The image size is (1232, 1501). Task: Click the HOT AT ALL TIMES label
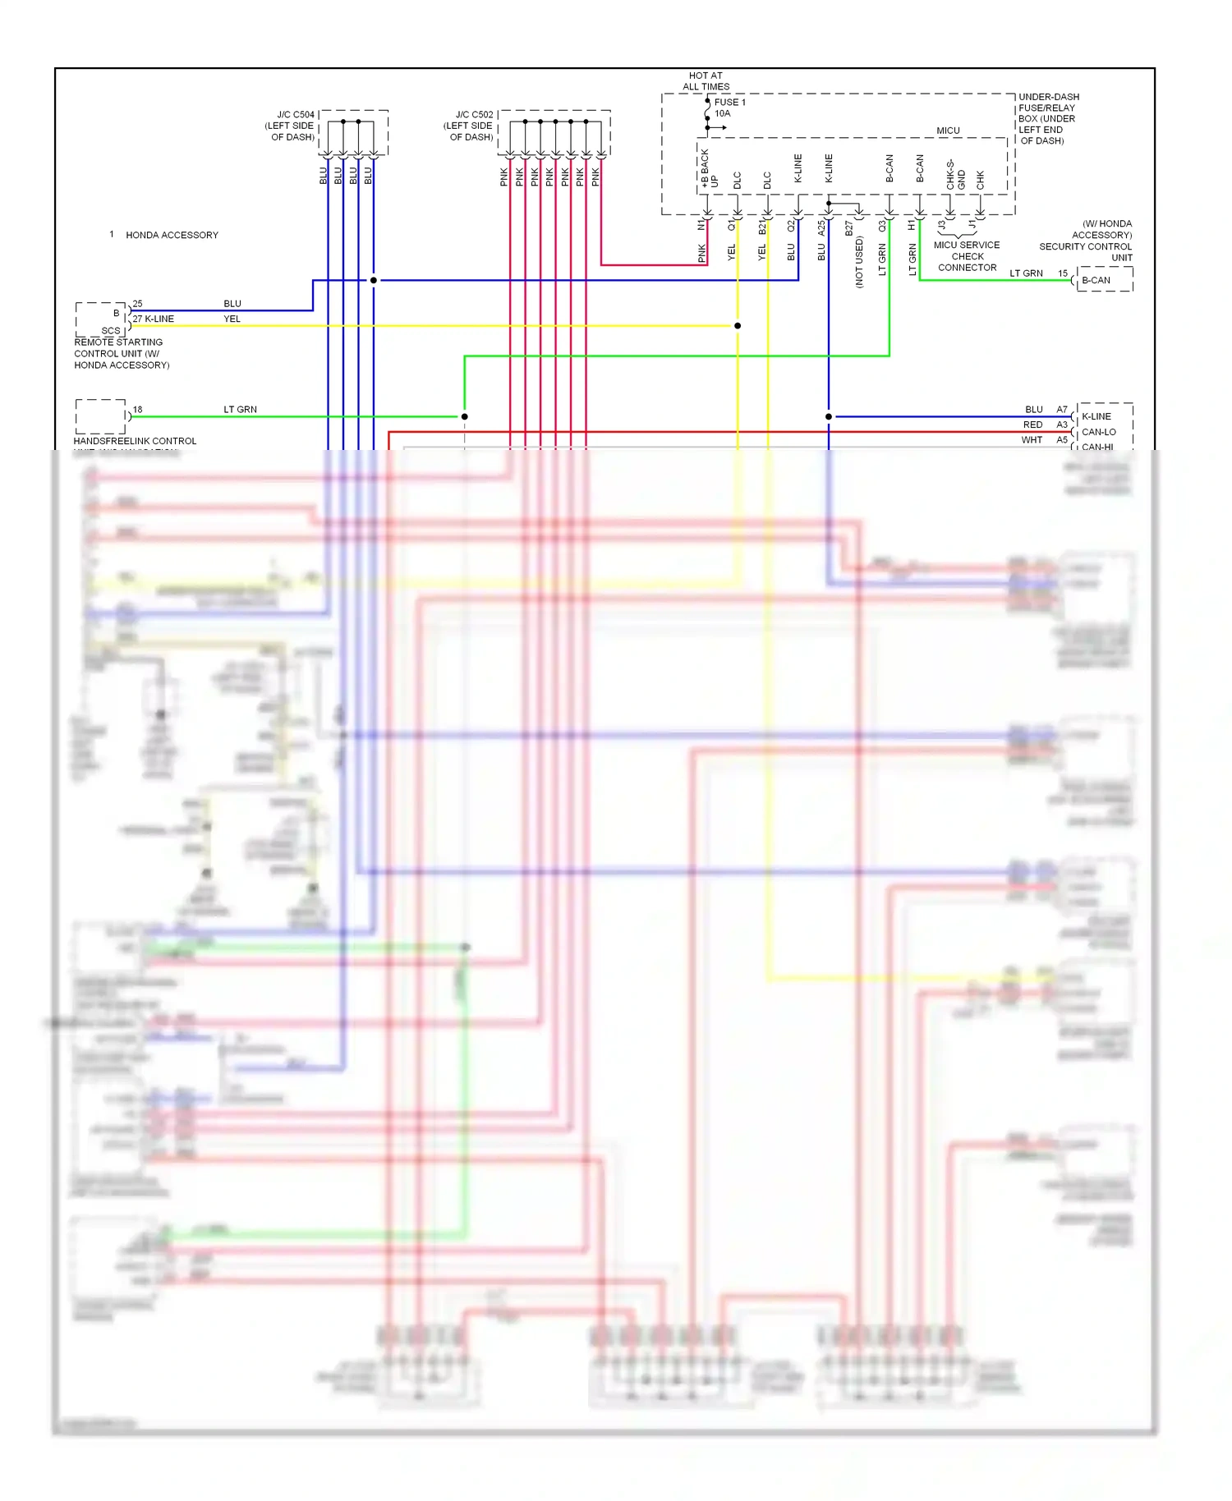click(x=706, y=80)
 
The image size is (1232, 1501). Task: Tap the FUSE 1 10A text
click(x=729, y=108)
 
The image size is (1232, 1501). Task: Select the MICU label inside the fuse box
click(x=948, y=131)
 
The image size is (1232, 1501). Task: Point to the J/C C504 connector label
click(x=290, y=126)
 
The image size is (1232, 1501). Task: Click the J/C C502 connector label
click(x=469, y=126)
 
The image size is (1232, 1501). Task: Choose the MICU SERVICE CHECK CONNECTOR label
click(x=967, y=256)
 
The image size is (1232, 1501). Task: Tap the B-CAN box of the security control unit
click(x=1096, y=280)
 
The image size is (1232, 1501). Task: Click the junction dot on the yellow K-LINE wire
click(x=738, y=326)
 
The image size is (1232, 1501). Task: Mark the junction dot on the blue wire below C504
click(x=374, y=280)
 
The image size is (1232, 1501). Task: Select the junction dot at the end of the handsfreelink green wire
click(x=464, y=416)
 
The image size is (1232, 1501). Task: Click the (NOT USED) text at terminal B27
click(x=859, y=263)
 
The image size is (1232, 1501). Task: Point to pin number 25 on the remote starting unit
click(x=138, y=304)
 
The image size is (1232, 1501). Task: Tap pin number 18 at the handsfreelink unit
click(x=138, y=409)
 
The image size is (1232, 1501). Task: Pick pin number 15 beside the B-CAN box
click(x=1063, y=273)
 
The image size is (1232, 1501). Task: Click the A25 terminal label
click(x=821, y=227)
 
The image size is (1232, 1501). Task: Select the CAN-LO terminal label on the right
click(x=1098, y=432)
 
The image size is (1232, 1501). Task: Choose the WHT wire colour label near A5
click(x=1032, y=440)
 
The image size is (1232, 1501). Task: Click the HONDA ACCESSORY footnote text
click(x=172, y=235)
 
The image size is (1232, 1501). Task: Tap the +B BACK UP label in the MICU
click(x=709, y=169)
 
